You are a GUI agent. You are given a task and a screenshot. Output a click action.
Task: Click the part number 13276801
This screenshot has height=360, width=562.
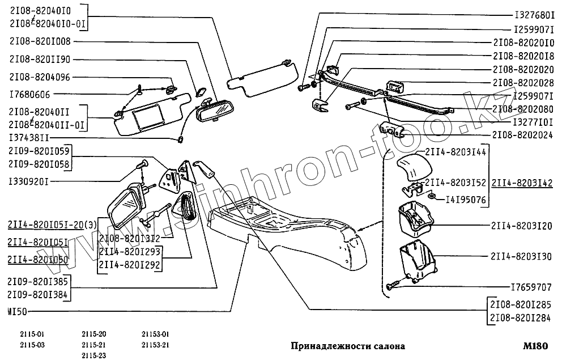coord(534,15)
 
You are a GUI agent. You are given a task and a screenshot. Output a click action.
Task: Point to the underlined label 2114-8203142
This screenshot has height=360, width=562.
coord(522,183)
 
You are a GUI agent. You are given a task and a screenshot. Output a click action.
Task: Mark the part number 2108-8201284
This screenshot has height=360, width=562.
coord(521,317)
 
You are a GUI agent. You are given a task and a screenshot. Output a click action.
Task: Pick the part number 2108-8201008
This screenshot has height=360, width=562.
coord(40,41)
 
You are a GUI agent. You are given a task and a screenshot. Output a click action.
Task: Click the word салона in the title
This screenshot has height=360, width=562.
coord(387,345)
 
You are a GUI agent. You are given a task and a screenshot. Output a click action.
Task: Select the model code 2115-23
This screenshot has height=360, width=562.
coord(94,355)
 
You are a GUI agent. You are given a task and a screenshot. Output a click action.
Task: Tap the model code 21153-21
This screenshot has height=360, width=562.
coord(156,345)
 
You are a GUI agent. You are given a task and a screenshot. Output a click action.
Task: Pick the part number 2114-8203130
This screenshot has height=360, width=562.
coord(521,256)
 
